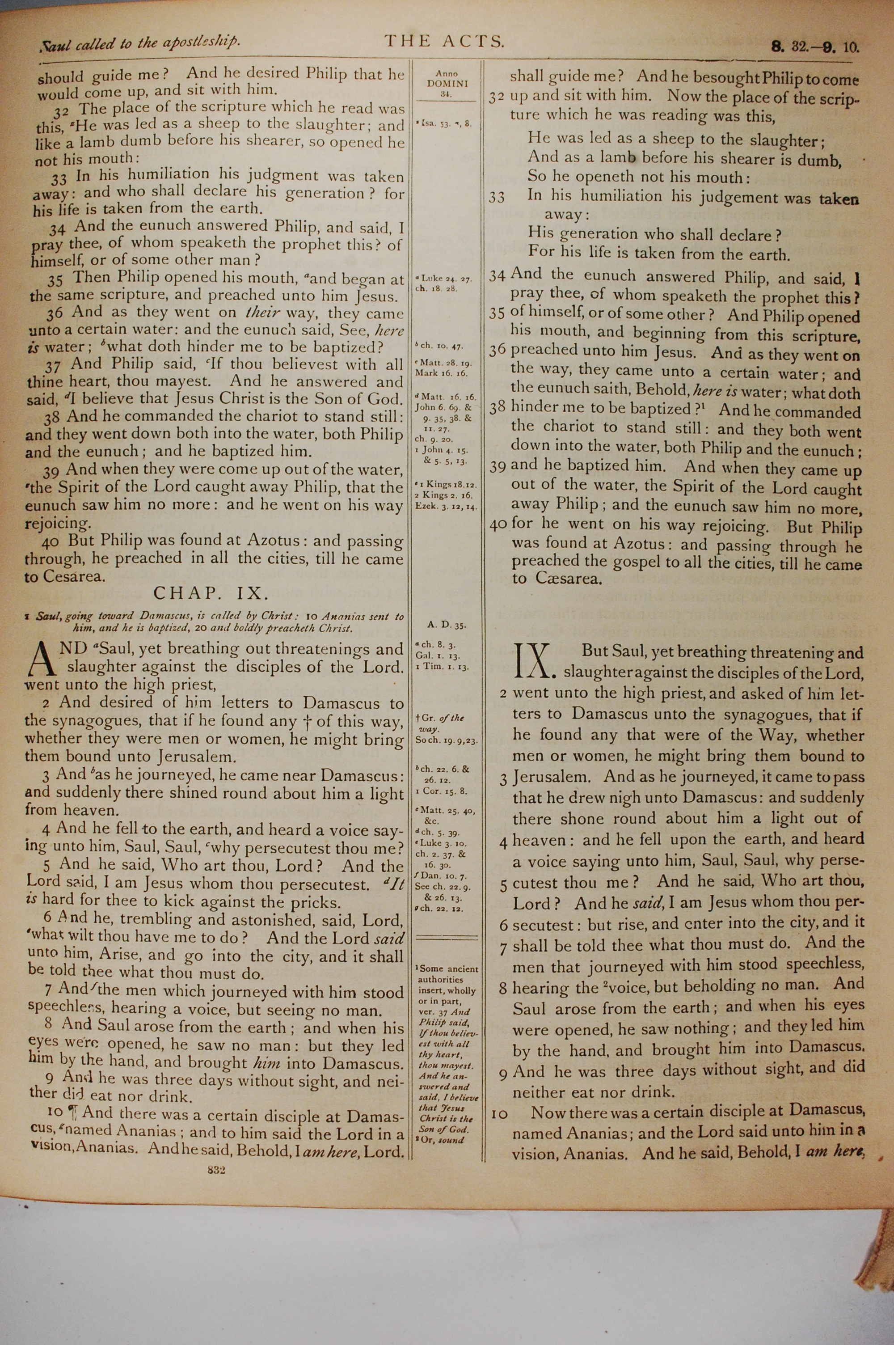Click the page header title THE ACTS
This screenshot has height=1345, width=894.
click(444, 41)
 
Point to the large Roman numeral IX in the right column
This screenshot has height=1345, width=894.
click(535, 662)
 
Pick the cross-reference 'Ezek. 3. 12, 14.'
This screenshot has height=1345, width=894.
click(447, 506)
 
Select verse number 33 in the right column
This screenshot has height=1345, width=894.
click(497, 197)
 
